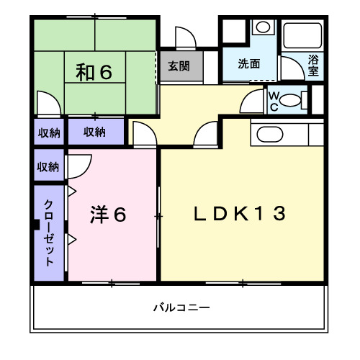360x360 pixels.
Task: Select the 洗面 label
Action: click(249, 63)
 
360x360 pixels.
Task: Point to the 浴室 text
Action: click(314, 66)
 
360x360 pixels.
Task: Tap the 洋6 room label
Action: click(109, 214)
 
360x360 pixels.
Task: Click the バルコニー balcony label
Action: click(181, 307)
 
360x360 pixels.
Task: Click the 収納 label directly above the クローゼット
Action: click(48, 167)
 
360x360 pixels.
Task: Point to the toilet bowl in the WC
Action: click(291, 100)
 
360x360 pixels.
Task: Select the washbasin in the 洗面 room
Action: click(264, 28)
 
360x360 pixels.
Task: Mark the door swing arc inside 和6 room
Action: click(45, 102)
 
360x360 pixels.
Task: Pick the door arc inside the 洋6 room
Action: click(80, 164)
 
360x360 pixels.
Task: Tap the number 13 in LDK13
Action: click(274, 214)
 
